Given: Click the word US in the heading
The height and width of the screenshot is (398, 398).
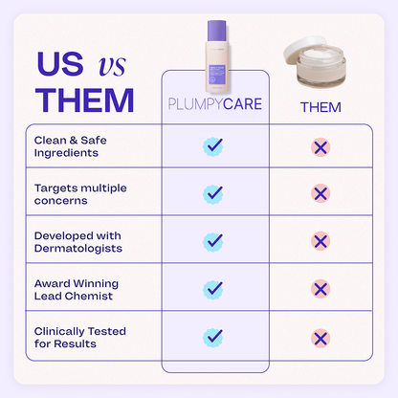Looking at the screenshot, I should pos(59,63).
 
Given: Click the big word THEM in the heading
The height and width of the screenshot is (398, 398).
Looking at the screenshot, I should pos(84,99).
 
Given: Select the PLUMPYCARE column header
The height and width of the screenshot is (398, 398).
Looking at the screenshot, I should pos(212,104).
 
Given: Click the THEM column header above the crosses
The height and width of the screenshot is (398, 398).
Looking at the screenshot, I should pos(320,106).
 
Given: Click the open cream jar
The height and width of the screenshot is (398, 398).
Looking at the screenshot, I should pos(321,70).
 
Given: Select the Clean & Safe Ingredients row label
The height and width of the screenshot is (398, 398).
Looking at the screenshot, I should pos(74,146).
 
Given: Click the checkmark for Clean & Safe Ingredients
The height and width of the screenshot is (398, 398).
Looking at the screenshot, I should pos(213,146).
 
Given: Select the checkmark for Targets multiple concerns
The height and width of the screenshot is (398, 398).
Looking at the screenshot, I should pos(213,194).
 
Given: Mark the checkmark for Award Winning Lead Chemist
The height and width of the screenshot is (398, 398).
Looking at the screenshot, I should pos(213,289).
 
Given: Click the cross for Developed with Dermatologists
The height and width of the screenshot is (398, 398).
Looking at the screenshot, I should pos(321,241).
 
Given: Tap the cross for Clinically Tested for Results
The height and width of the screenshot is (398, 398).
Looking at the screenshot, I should pos(321,337).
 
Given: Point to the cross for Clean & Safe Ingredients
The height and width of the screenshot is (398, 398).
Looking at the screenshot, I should pos(321,146).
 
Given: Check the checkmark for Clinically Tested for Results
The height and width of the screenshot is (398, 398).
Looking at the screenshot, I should pos(213,337).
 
